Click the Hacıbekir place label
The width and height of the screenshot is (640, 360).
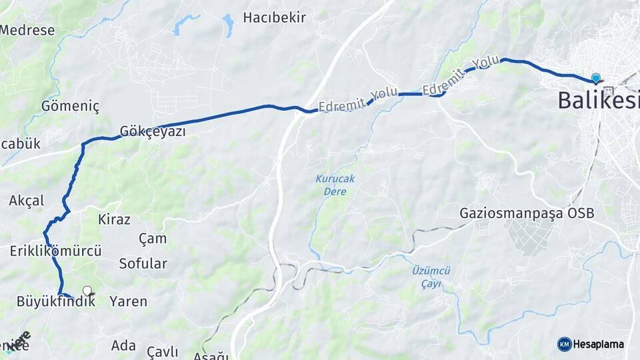point(275,17)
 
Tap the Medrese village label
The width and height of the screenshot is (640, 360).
point(27,30)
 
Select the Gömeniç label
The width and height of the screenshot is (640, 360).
point(70,106)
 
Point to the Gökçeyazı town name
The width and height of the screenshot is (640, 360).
point(153,131)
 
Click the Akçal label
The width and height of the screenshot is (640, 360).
point(27,201)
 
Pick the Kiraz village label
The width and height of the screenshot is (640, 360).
point(114,219)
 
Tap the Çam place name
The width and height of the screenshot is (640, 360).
point(153,239)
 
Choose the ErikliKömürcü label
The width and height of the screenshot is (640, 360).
point(56,251)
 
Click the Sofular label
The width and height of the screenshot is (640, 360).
point(143,263)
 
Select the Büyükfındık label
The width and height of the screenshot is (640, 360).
point(55,301)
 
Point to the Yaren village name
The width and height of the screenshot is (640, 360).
point(128,301)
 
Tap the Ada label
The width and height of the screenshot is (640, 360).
point(123,345)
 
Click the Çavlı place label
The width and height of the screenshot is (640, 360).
point(162,351)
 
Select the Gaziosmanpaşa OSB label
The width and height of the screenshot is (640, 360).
point(527,213)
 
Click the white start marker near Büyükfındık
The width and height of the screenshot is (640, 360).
point(87,291)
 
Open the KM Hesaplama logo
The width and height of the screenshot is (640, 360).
point(591,344)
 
